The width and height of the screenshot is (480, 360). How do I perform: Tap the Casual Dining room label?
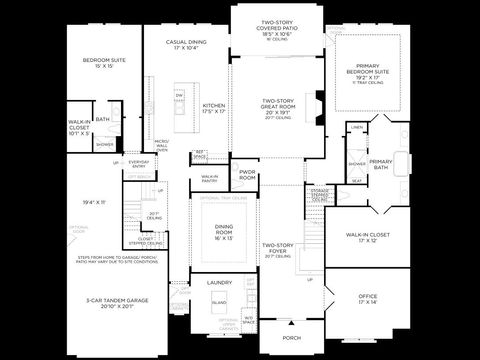click(189, 45)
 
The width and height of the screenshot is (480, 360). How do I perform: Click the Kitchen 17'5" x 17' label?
click(215, 108)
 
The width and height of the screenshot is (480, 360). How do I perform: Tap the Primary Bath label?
click(381, 165)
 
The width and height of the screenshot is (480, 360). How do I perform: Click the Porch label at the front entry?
click(291, 338)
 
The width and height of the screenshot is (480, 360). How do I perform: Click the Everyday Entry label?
click(139, 163)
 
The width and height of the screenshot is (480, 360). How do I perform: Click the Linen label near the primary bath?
click(357, 128)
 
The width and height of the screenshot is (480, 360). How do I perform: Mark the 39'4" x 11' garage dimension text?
click(94, 203)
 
